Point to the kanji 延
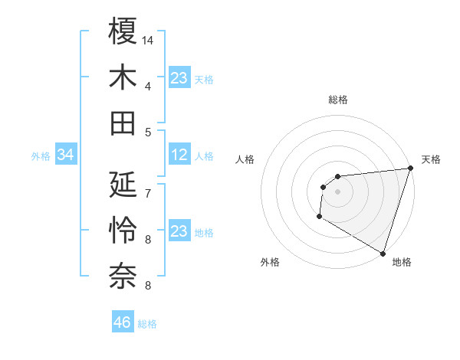(123, 184)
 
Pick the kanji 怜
(123, 230)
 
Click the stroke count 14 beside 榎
(149, 40)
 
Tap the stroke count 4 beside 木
(147, 87)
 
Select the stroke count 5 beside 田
(147, 133)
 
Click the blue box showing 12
(179, 155)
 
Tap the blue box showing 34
(66, 155)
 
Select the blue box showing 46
(123, 322)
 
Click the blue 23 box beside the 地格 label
(179, 231)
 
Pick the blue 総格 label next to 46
(147, 324)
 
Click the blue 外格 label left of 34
(41, 156)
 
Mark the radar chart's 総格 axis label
(337, 100)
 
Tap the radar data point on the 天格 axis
(410, 169)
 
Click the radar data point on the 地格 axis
(383, 254)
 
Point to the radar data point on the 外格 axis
(319, 218)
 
